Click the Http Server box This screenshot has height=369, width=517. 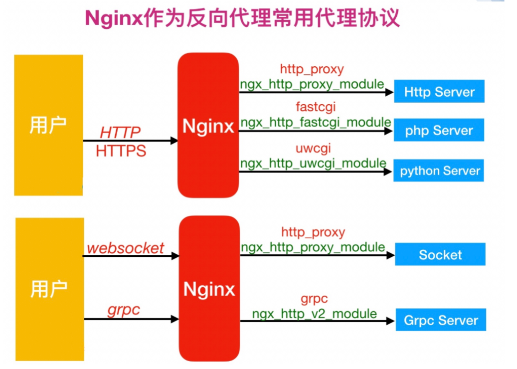pyautogui.click(x=439, y=91)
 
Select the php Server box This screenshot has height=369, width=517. pyautogui.click(x=439, y=130)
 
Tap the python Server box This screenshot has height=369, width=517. pyautogui.click(x=439, y=171)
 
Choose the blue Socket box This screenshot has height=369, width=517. pyautogui.click(x=440, y=254)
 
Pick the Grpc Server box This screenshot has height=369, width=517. pyautogui.click(x=441, y=320)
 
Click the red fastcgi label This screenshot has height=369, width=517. pyautogui.click(x=316, y=107)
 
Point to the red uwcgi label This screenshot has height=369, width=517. pyautogui.click(x=313, y=149)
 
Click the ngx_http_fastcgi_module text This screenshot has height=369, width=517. pyautogui.click(x=316, y=123)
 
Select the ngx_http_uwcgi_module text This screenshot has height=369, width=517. pyautogui.click(x=313, y=164)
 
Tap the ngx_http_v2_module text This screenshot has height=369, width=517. pyautogui.click(x=315, y=314)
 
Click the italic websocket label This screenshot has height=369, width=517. pyautogui.click(x=126, y=248)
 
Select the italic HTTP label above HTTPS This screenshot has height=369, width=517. pyautogui.click(x=120, y=133)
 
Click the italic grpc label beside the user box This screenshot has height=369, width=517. pyautogui.click(x=124, y=310)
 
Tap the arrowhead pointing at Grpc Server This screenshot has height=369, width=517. pyautogui.click(x=390, y=321)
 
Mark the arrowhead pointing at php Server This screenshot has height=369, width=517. pyautogui.click(x=388, y=131)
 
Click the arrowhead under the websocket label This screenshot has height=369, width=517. pyautogui.click(x=175, y=256)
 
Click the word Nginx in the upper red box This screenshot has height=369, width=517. pyautogui.click(x=208, y=127)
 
